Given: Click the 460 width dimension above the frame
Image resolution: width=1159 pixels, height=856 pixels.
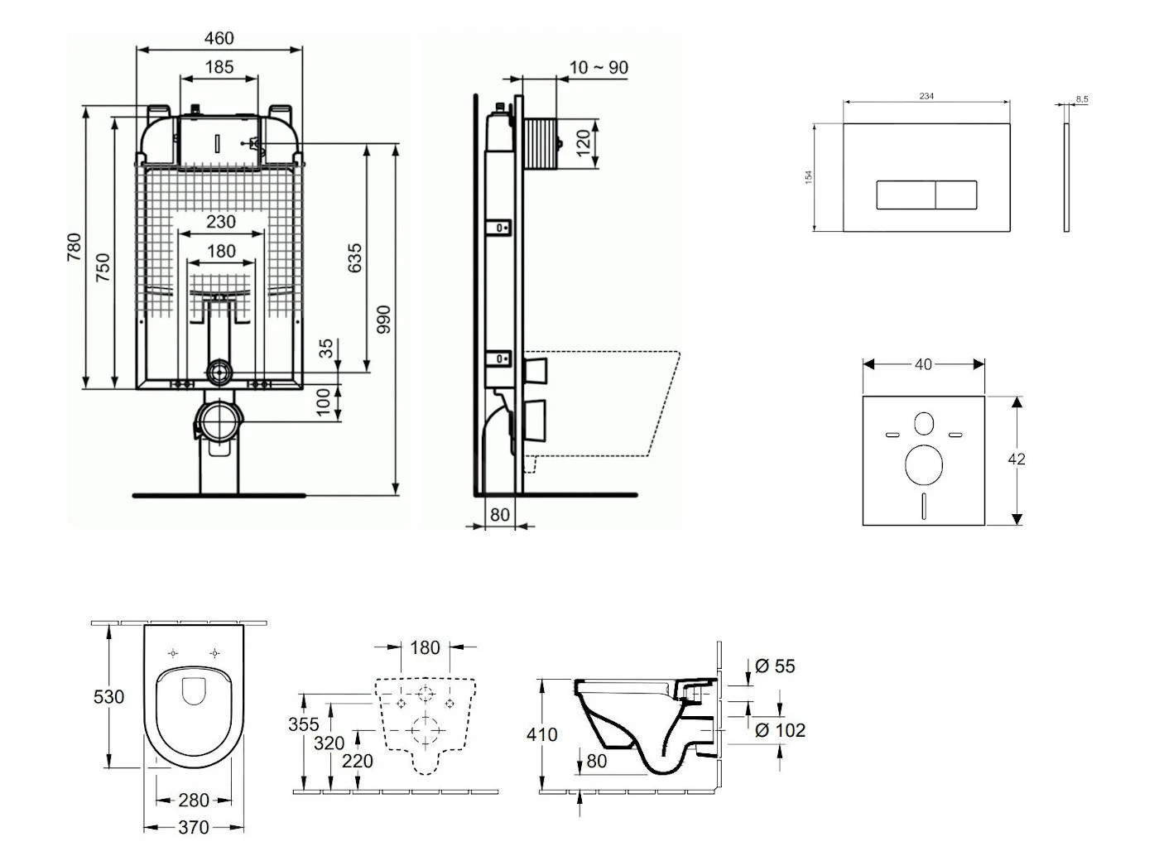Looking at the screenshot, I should pos(219,38).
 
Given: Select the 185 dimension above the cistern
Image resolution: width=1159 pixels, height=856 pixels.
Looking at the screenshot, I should pos(219,67).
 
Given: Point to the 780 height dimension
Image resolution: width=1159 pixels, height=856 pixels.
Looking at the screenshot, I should pos(75,248).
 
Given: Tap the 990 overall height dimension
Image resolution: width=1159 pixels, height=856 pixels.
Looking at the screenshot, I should pos(383,320).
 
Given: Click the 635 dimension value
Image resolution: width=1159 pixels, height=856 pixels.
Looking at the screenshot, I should pos(355,257).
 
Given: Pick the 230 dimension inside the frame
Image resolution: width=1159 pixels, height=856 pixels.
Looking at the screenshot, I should pos(220,222).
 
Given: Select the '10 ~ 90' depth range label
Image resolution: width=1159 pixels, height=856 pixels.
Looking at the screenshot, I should pos(599,68).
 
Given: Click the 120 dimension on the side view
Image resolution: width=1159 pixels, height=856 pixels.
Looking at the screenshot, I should pos(584,143).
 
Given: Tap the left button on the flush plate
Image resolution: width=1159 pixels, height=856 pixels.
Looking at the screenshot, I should pos(906,195).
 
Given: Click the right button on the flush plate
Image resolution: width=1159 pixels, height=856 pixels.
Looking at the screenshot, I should pos(956,195).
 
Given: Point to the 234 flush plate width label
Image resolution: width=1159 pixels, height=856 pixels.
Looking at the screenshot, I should pos(926,97).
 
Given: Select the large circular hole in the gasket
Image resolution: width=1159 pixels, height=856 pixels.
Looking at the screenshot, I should pos(924,464).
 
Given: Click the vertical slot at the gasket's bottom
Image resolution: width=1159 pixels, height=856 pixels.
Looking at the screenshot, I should pos(924,506).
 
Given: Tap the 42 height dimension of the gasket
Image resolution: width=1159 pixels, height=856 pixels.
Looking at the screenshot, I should pos(1017,459).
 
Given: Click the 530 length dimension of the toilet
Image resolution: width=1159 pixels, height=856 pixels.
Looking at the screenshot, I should pos(108,697).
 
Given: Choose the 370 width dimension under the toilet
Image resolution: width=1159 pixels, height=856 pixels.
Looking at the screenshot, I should pos(193,827).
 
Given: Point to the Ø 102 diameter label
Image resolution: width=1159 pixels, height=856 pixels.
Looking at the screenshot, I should pos(780,730).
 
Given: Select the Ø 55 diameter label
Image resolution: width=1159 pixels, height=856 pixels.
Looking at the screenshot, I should pos(775,666).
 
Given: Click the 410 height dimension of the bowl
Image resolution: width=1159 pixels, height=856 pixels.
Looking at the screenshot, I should pos(541,734).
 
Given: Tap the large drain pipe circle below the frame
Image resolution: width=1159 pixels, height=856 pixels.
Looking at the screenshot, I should pos(219,421).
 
